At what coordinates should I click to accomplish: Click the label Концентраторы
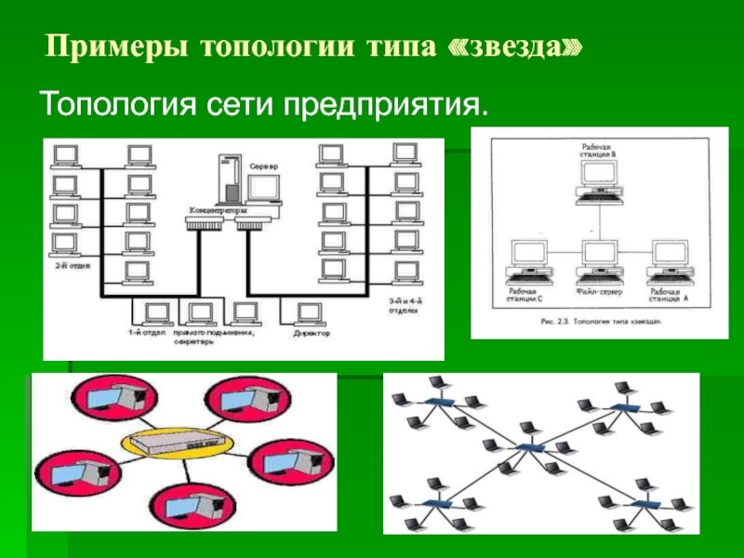coord(219,210)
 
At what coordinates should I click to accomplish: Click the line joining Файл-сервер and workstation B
coord(598,219)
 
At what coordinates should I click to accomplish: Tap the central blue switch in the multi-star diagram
coord(529,447)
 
